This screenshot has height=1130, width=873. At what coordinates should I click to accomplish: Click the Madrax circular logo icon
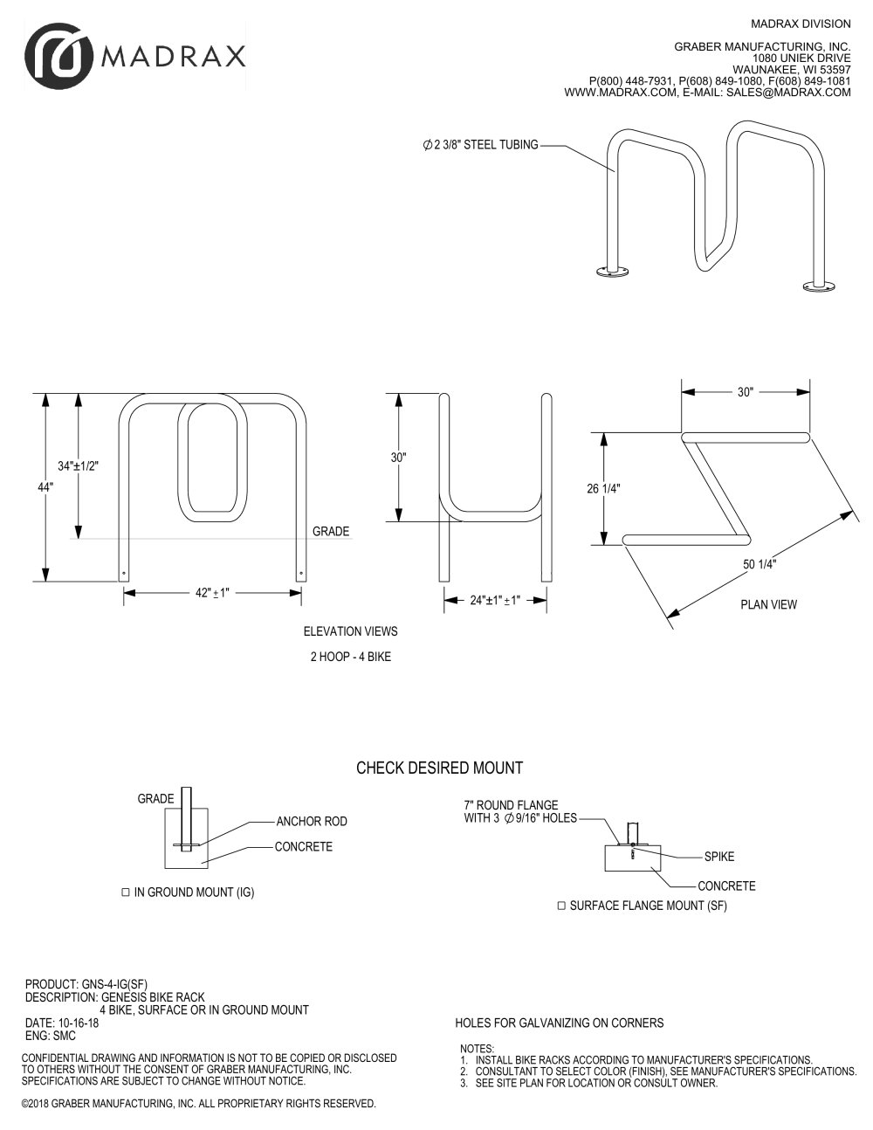click(x=58, y=57)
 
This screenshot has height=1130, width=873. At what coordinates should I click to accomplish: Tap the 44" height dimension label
click(x=45, y=488)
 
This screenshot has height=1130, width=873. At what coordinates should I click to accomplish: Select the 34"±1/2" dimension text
click(x=78, y=466)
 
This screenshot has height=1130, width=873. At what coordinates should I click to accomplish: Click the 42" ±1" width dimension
click(x=212, y=593)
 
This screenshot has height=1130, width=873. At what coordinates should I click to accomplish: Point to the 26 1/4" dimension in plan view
click(x=604, y=489)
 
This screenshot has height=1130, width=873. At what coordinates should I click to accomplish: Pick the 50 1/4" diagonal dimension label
click(x=760, y=564)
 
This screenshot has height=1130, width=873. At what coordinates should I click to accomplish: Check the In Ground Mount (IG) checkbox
click(x=125, y=892)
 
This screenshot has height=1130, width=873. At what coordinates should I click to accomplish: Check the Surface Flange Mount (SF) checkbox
click(x=561, y=906)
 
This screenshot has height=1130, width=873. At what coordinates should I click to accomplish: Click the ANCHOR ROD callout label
click(x=312, y=822)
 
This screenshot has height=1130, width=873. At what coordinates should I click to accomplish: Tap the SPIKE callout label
click(x=719, y=857)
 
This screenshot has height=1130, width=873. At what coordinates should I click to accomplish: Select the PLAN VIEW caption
click(x=768, y=605)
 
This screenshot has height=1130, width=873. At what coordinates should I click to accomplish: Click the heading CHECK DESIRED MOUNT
click(x=440, y=768)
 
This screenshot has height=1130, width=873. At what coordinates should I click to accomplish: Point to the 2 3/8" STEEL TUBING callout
click(x=481, y=145)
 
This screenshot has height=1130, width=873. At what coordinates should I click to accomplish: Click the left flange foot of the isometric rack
click(x=613, y=271)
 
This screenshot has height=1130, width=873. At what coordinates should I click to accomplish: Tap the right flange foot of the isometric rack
click(x=820, y=286)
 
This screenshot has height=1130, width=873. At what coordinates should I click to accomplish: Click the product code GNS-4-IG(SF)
click(x=115, y=984)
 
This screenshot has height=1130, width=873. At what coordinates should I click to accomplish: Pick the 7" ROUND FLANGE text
click(x=511, y=805)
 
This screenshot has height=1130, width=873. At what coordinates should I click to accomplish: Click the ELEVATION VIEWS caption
click(x=351, y=631)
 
